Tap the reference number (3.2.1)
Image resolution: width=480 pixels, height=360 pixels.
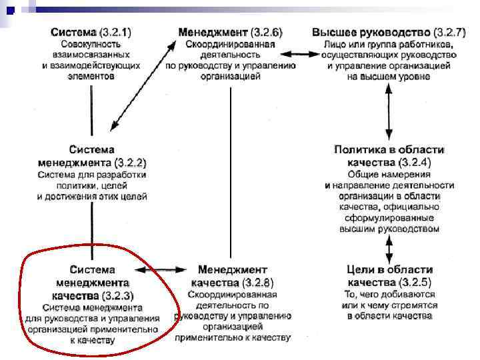pyautogui.click(x=115, y=32)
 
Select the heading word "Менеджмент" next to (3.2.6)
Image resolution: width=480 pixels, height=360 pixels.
pyautogui.click(x=213, y=32)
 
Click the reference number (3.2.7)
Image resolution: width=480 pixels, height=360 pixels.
pyautogui.click(x=449, y=32)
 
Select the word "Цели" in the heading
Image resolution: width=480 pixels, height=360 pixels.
pyautogui.click(x=363, y=270)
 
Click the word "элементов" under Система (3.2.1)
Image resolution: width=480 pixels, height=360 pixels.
pyautogui.click(x=92, y=76)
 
